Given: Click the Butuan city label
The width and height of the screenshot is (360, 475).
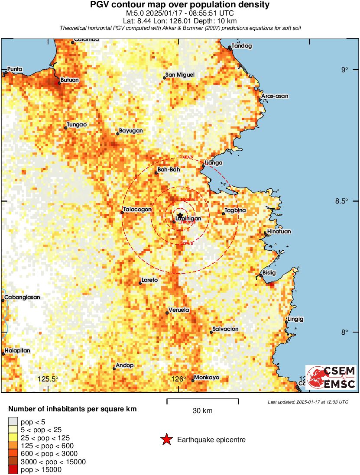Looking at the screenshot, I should pos(69,80).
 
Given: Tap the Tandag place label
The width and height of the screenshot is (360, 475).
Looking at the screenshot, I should pos(242,46).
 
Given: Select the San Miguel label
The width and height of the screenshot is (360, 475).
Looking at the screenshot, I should pos(181,75).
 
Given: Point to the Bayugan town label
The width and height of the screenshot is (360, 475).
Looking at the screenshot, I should pos(130,131).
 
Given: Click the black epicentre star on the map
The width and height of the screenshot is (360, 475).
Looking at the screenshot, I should pos(180,216).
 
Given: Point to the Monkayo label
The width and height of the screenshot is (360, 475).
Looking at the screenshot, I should pos(207,378).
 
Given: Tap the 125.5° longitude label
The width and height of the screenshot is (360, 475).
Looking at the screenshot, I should pos(48,379).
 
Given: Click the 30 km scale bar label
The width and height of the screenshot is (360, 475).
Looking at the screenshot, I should pos(202,410).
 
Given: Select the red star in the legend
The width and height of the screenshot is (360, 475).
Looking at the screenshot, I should pos(166,440).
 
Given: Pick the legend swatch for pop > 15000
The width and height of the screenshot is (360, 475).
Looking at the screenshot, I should pos(13,469).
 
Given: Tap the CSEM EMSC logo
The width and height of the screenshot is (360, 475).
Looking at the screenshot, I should pos(331,377).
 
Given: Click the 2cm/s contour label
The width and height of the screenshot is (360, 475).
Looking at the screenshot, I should pos(187,157).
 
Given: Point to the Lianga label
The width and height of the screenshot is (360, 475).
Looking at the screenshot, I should pos(214,163).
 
